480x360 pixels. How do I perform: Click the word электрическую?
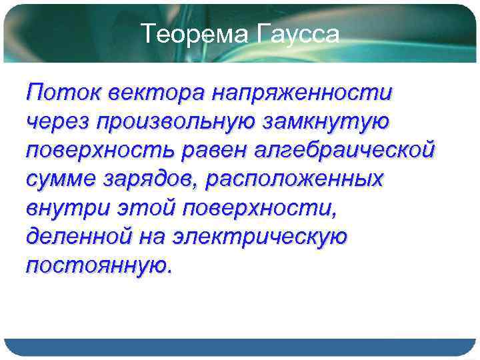coord(261,236)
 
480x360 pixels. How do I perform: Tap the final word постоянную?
coord(97,265)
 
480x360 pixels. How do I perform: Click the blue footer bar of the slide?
coord(240,347)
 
